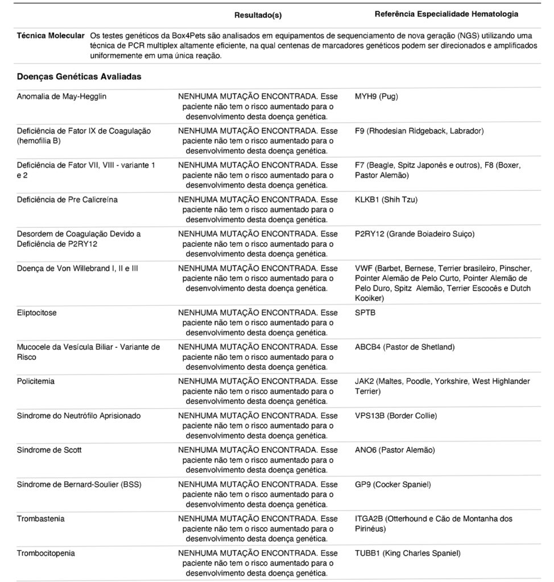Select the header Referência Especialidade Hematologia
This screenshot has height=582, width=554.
pos(446,14)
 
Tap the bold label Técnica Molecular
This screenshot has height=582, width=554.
pos(51,36)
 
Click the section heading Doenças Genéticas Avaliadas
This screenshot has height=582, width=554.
pos(79,76)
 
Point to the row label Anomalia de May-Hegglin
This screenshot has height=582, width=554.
pos(61,97)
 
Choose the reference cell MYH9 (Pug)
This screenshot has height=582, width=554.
pos(376,97)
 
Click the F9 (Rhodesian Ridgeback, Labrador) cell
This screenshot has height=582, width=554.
pos(419,131)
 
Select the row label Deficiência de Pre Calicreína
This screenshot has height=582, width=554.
pos(68,199)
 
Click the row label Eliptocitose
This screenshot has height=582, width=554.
pos(37,313)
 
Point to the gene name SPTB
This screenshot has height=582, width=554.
pos(365,313)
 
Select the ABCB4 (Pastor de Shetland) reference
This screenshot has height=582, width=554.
pos(404,347)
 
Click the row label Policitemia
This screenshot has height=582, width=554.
pos(36,381)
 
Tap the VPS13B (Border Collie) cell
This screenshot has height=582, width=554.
pos(396,415)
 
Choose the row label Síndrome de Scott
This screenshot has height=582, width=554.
pos(49,450)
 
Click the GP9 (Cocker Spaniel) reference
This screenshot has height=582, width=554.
pos(392,484)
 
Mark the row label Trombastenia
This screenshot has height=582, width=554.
pos(40,518)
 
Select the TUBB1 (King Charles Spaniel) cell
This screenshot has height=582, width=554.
pos(407,552)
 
